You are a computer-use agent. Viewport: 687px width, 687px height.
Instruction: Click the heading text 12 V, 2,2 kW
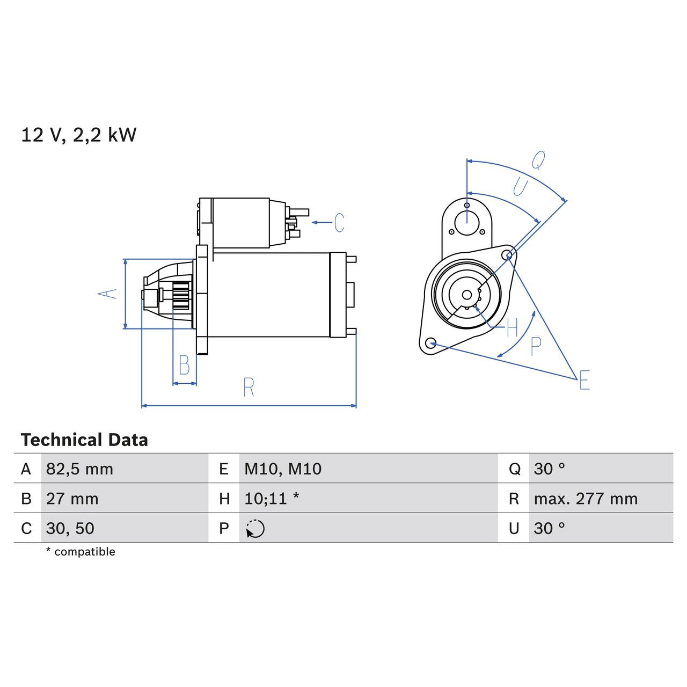click(78, 135)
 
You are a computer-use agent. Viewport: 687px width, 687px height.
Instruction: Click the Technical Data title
click(84, 440)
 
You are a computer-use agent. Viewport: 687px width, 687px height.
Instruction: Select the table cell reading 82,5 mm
click(79, 469)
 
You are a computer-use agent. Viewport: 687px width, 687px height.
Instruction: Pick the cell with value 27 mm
click(72, 499)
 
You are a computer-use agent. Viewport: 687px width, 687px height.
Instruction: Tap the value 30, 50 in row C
click(70, 528)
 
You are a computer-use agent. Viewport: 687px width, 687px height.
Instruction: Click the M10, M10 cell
click(282, 469)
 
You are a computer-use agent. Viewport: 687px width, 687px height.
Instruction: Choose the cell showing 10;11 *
click(271, 499)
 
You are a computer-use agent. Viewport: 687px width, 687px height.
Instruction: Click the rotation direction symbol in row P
click(255, 529)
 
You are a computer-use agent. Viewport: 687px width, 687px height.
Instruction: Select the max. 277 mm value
click(585, 499)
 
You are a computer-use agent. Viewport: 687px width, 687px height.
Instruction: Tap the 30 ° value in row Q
click(549, 469)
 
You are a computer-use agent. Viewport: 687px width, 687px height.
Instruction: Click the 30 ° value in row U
click(549, 528)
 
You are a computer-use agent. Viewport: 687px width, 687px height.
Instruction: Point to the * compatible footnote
click(81, 552)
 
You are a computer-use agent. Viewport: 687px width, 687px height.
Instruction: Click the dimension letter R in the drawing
click(248, 388)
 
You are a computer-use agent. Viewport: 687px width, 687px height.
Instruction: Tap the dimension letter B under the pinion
click(184, 366)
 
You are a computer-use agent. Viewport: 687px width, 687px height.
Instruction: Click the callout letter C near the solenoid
click(339, 223)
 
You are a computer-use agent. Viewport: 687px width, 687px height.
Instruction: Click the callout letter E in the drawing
click(584, 380)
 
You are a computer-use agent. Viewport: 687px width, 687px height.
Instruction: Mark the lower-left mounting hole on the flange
click(430, 343)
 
